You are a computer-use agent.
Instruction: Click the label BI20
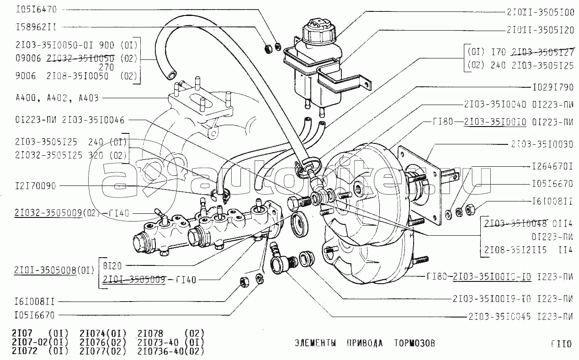point(112,265)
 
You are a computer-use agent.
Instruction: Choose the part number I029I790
point(552,86)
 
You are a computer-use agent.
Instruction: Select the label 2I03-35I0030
point(542,144)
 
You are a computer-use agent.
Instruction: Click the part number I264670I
point(552,167)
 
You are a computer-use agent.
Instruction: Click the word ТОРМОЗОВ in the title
point(415,343)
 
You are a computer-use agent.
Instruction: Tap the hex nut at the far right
point(471,210)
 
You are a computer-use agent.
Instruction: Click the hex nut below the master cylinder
point(244,282)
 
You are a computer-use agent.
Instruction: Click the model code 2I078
point(150,333)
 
